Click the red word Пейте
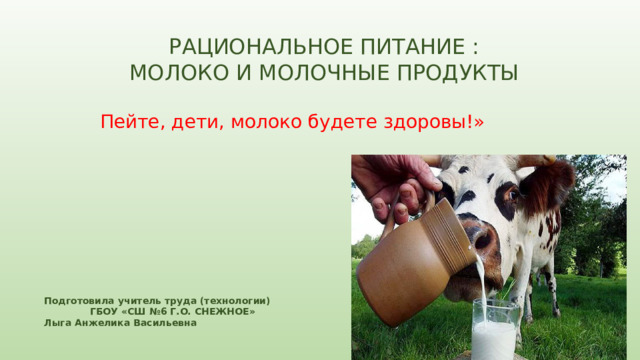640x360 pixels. click(125, 122)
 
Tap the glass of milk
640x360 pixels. click(495, 332)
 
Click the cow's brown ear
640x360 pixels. click(552, 182)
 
